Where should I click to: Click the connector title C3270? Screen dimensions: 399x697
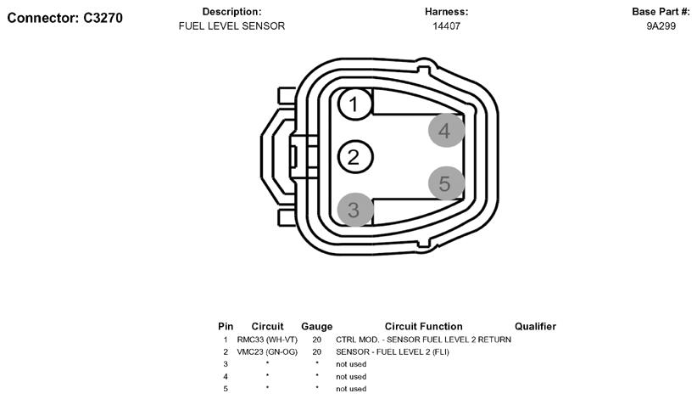coord(65,18)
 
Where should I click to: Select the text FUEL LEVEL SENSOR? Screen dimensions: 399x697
coord(231,26)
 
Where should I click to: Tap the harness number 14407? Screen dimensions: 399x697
coord(446,26)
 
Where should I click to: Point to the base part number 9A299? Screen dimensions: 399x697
coord(661,26)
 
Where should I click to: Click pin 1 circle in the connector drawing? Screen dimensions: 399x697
coord(354,104)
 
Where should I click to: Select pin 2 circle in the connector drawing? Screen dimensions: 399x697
coord(354,157)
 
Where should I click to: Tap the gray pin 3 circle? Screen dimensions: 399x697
coord(354,209)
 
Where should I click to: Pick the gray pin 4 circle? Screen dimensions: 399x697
coord(445,131)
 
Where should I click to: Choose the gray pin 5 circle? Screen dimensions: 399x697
coord(445,183)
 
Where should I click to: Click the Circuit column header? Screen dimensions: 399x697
coord(267,327)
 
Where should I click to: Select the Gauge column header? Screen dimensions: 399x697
coord(316,327)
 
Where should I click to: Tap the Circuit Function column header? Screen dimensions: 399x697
coord(423,327)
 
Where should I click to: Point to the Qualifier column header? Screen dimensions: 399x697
coord(535,327)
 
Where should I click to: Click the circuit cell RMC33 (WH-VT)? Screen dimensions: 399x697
coord(267,340)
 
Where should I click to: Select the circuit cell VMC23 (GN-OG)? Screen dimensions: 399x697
coord(267,351)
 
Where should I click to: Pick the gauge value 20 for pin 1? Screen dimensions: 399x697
coord(316,340)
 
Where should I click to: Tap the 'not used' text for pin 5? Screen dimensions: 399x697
coord(351,389)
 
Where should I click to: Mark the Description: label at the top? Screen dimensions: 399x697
coord(231,12)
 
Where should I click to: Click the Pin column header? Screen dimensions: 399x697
coord(226,327)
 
